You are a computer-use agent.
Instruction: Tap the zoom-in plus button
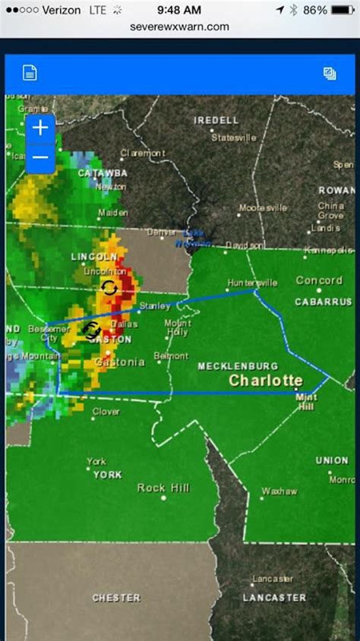point(40,128)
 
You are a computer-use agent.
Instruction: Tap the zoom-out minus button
point(40,157)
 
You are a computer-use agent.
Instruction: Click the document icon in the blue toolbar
point(30,73)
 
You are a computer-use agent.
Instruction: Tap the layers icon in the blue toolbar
point(330,73)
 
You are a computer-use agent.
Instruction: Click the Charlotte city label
point(266,380)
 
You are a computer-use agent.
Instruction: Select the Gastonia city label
point(119,362)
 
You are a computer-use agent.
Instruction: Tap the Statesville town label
point(234,138)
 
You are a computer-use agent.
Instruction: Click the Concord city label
point(319,280)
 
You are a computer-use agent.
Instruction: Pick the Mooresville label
point(263,207)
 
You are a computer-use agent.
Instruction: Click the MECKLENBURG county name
point(237,366)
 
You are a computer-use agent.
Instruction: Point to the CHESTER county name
point(116,598)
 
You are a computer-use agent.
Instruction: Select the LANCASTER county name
point(274,598)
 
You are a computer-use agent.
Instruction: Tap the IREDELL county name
point(216,120)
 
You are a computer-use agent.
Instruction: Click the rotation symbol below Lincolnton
point(109,288)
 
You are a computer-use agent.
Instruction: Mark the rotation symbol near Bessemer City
point(92,330)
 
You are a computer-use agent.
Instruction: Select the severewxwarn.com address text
point(180,27)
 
